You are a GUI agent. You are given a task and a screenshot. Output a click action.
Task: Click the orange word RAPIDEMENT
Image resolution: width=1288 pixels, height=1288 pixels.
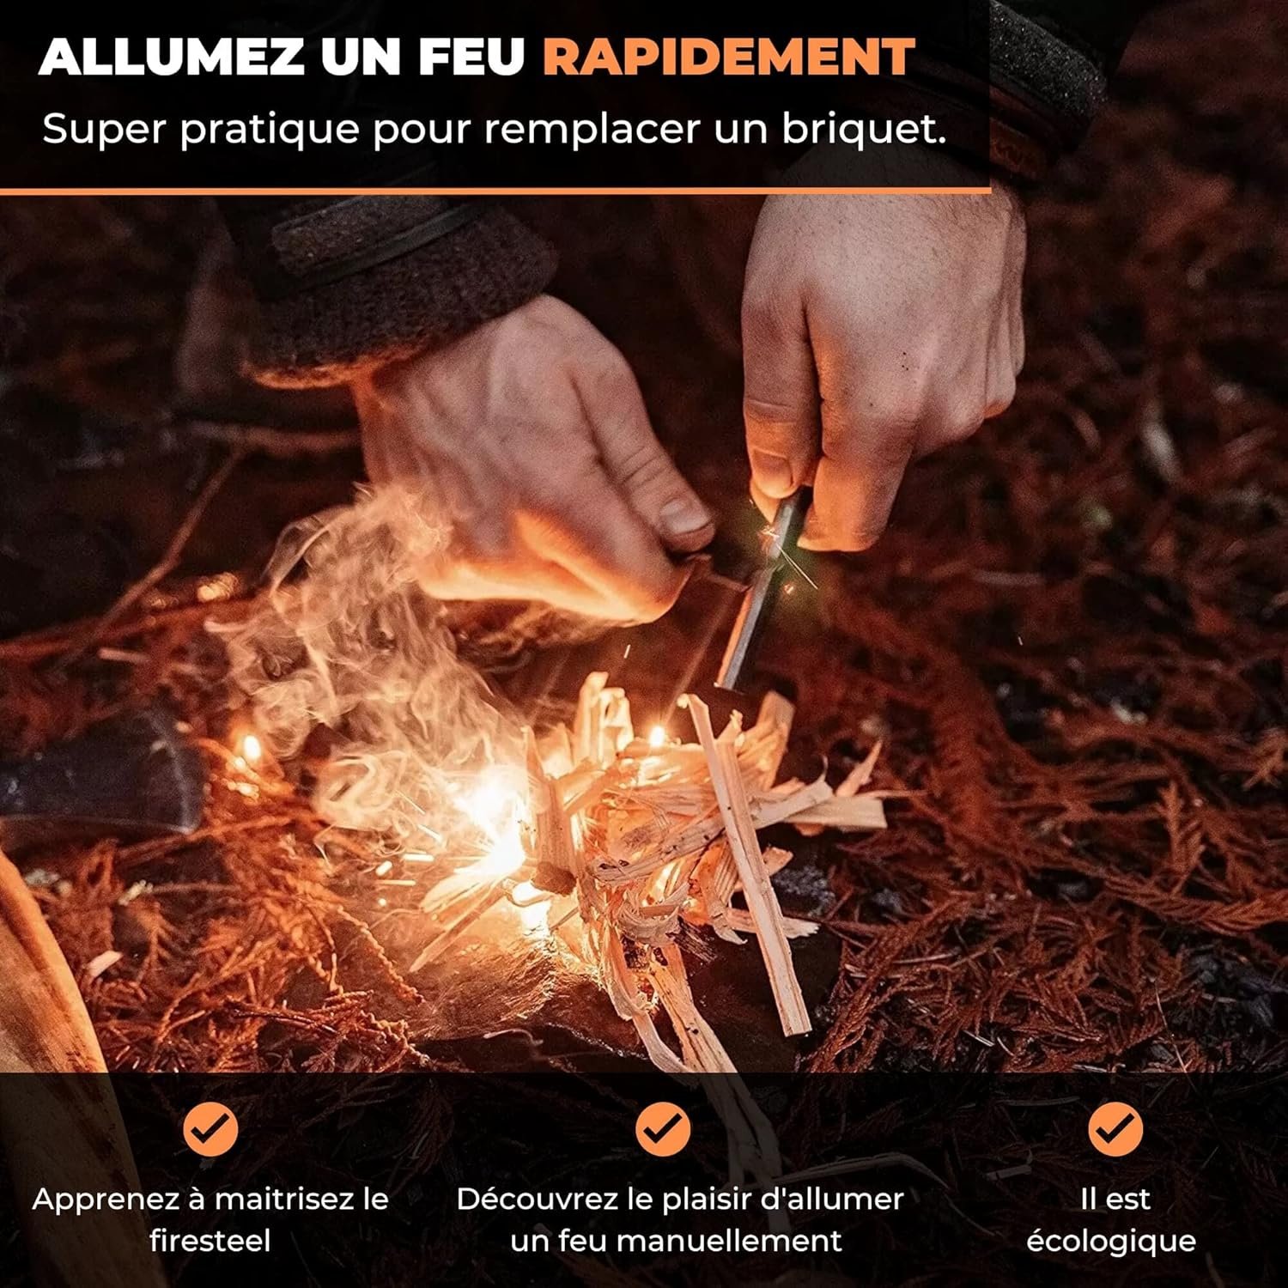coord(729,57)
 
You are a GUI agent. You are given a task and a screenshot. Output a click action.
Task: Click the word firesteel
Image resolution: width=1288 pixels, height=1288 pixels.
coord(210,1240)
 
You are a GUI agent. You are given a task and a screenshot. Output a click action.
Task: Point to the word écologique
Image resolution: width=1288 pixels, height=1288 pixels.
coord(1111,1242)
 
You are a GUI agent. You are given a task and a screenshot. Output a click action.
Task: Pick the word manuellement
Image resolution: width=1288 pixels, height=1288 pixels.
coord(729,1240)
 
